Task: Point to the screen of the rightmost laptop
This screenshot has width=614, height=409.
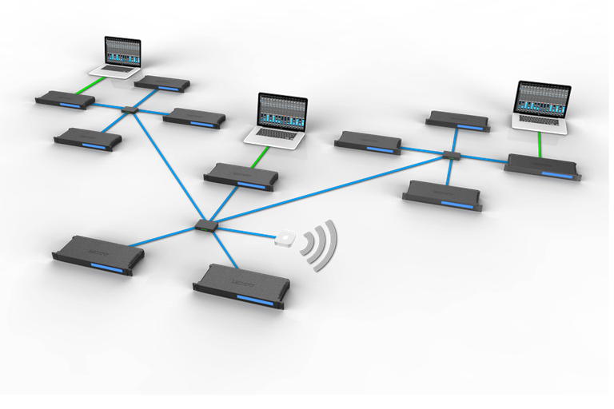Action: click(x=544, y=99)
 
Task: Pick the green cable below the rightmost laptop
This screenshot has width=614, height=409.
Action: click(x=540, y=144)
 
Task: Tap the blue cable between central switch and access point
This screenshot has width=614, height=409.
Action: click(x=248, y=233)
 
